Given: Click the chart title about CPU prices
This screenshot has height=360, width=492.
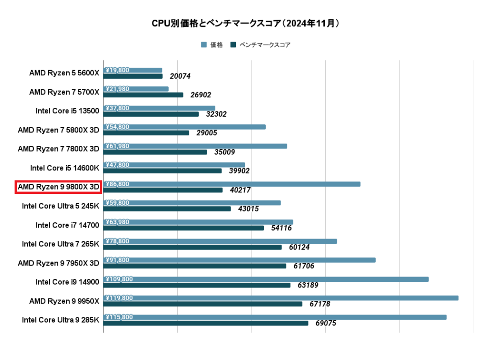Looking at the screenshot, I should (246, 23).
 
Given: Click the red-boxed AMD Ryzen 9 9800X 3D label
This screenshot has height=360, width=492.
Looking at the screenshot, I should (58, 187).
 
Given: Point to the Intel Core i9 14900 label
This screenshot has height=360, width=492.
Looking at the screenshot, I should (67, 282).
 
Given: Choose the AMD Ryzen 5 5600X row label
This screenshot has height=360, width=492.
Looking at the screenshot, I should (64, 73).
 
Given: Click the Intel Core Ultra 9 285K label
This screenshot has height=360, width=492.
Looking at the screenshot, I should (61, 320).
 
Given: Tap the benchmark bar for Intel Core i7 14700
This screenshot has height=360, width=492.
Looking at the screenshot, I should (184, 228).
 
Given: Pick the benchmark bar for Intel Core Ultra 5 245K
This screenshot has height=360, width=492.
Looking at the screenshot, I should (167, 209).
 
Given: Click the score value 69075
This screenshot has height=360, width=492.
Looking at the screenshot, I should (325, 324).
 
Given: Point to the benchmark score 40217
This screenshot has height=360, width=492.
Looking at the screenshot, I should (240, 191).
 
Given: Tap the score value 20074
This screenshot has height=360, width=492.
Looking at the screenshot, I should (180, 76).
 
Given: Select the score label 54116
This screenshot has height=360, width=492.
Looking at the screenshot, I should (281, 228).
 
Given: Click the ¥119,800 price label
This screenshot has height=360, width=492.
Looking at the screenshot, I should (119, 298).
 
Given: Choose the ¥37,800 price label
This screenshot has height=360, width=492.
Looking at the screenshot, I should (117, 108).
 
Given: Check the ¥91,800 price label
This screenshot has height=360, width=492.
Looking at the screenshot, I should (117, 260).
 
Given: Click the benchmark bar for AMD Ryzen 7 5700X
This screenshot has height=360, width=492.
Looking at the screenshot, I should (143, 95).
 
